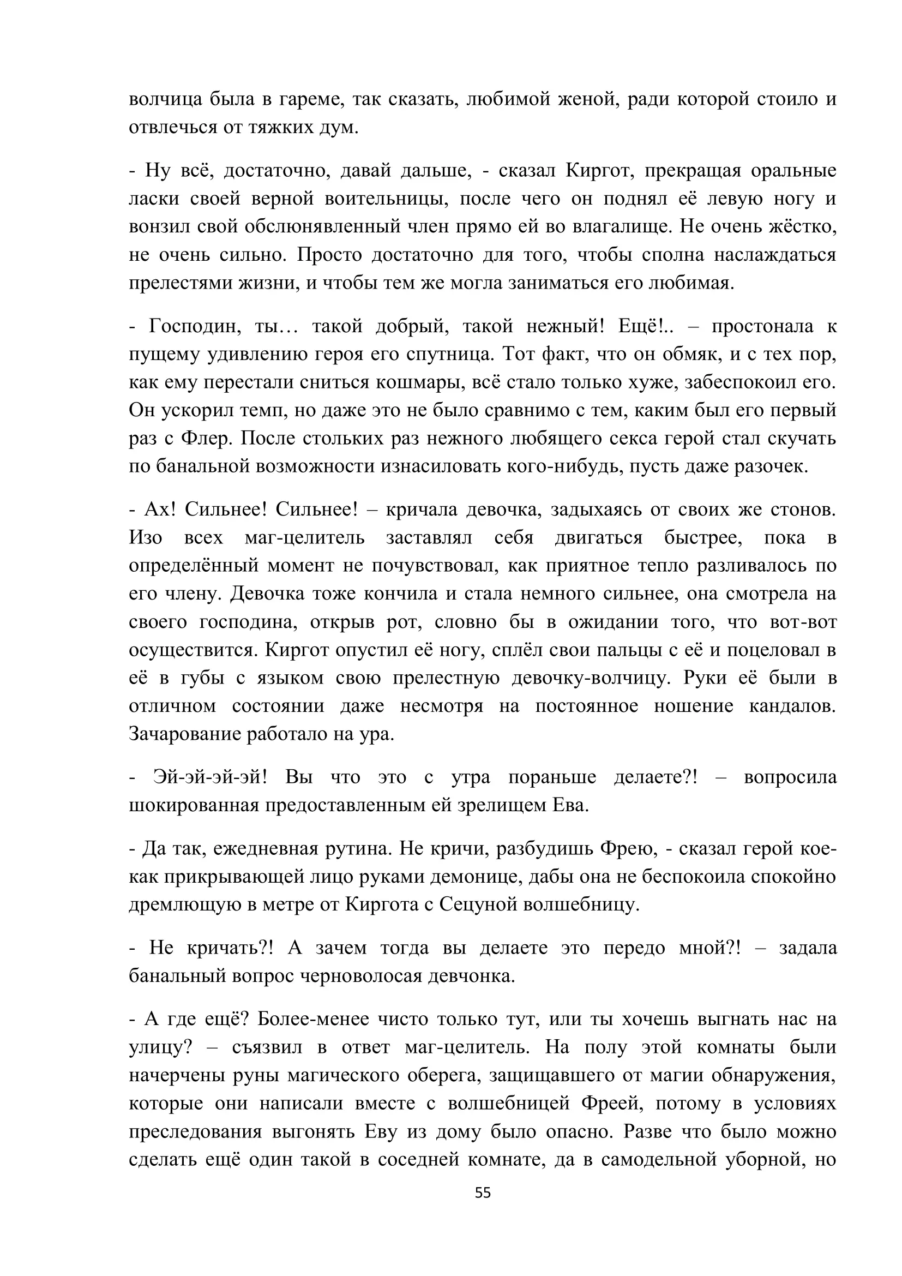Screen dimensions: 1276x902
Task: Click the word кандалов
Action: pyautogui.click(x=792, y=706)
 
